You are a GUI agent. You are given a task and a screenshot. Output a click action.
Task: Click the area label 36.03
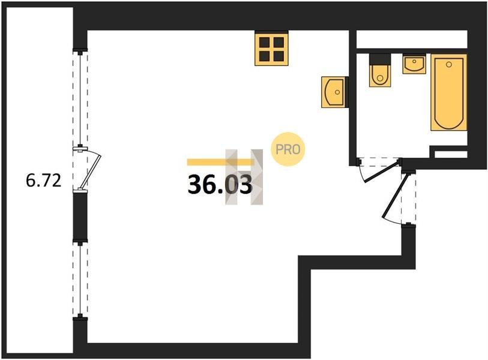pos(220,185)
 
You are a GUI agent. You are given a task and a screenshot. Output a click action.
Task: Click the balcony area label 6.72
pos(44,181)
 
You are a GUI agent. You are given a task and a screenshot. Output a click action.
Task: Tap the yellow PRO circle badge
pos(288,149)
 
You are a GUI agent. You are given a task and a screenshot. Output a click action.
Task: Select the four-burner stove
pos(271,49)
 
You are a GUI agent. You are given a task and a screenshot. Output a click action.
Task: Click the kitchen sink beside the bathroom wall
pos(333,92)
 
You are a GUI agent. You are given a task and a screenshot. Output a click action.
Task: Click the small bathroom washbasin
pos(414,64)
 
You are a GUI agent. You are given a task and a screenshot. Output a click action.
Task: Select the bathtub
pos(449,92)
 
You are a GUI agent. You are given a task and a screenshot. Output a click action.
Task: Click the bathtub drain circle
pos(448,64)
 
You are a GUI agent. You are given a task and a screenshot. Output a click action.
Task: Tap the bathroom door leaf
pos(381,172)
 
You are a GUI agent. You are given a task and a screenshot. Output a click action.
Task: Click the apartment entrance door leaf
pos(395,196)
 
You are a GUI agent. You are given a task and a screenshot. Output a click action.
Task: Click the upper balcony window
pos(80,99)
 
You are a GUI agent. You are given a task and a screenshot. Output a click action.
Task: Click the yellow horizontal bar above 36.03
pos(221,162)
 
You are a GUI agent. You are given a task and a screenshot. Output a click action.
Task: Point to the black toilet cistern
pos(380,59)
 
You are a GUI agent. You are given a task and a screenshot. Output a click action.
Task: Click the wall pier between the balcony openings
pos(80,216)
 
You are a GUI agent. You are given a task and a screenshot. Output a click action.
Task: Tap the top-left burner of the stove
pos(265,41)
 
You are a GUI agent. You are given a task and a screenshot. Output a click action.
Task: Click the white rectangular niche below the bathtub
pos(451,154)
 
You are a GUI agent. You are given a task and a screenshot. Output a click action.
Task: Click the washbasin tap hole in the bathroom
pos(414,61)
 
